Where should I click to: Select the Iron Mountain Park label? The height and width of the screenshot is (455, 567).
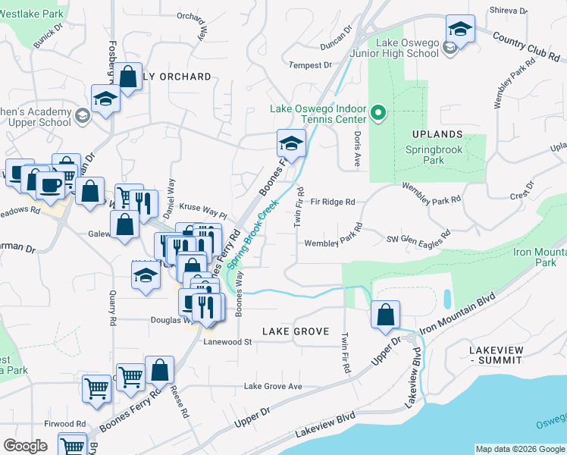pyautogui.click(x=540, y=257)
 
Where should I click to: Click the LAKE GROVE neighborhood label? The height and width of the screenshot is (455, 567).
pyautogui.click(x=296, y=331)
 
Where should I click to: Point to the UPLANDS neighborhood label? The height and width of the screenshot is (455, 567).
pyautogui.click(x=437, y=134)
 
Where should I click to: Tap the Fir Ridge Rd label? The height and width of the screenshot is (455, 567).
pyautogui.click(x=333, y=202)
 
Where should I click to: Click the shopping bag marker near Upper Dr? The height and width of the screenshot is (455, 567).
pyautogui.click(x=386, y=314)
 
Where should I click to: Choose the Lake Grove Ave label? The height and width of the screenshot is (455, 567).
pyautogui.click(x=273, y=387)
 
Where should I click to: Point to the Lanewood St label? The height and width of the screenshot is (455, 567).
pyautogui.click(x=227, y=342)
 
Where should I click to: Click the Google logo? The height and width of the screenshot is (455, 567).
pyautogui.click(x=25, y=446)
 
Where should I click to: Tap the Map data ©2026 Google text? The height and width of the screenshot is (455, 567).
pyautogui.click(x=519, y=449)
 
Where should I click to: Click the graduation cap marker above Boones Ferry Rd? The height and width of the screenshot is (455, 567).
pyautogui.click(x=290, y=143)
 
